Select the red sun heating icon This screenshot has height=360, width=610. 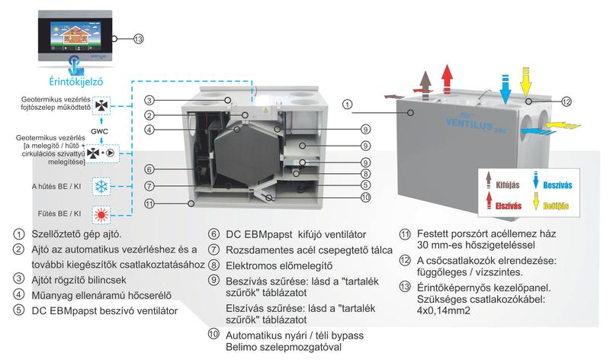[x=101, y=213]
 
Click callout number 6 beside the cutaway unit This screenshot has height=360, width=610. [x=151, y=169]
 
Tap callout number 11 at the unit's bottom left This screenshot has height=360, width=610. [x=151, y=203]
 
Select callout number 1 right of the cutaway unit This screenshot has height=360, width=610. [x=347, y=104]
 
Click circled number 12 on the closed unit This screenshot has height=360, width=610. [x=566, y=101]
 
